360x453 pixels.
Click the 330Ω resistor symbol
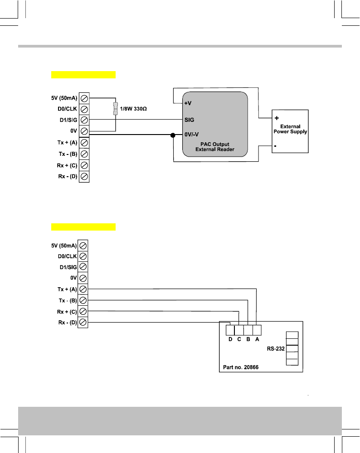(116, 109)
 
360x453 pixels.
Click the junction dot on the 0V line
(173, 135)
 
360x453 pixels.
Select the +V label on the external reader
(187, 103)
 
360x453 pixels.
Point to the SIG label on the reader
(189, 120)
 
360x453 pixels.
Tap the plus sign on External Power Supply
(276, 118)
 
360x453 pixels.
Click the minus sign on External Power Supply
(276, 146)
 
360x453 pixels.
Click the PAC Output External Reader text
(215, 147)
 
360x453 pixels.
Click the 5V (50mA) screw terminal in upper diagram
(84, 98)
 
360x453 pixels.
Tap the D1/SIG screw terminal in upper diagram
(84, 120)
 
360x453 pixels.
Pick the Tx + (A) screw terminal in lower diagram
(83, 289)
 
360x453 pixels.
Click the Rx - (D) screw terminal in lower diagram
(83, 322)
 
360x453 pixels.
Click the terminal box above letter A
(257, 330)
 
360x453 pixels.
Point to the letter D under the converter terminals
(230, 339)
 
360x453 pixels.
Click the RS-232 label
(275, 349)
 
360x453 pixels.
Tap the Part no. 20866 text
(241, 367)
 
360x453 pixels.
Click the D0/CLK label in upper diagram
(65, 109)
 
